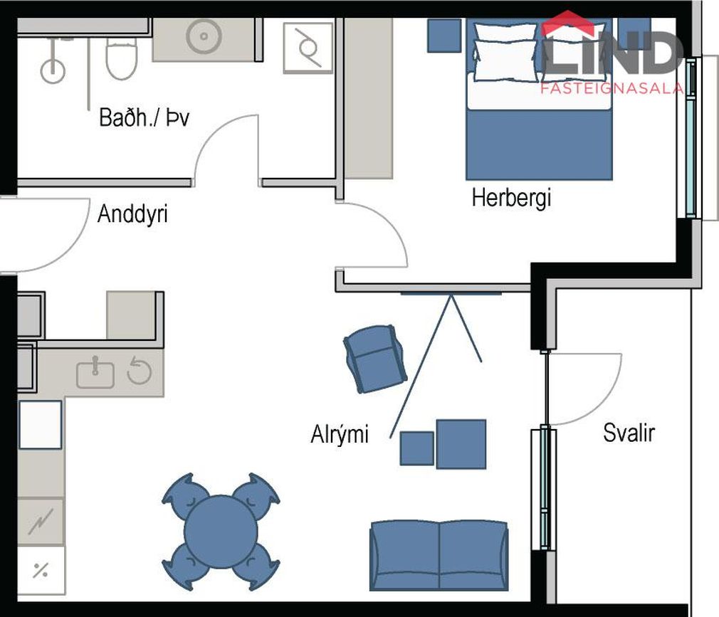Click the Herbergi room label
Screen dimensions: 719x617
coord(511,199)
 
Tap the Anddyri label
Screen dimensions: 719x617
coord(132,214)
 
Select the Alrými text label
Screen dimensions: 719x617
coord(340,433)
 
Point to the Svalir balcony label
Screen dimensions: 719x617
coord(629,433)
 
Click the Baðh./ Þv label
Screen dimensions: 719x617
coord(144,118)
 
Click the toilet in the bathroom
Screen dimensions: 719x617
coord(122,58)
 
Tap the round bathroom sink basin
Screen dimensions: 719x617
coord(204,36)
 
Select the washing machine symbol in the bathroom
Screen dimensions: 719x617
coord(308,48)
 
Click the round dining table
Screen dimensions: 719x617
coord(221,532)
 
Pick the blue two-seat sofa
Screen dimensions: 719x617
coord(439,556)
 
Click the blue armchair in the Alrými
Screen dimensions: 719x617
coord(375,359)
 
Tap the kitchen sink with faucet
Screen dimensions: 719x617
coord(95,373)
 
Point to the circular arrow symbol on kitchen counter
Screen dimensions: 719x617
coord(139,370)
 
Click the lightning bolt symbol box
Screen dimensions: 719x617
coord(41,521)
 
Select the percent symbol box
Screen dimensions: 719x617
coord(41,570)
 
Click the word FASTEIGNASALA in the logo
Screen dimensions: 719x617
coord(612,88)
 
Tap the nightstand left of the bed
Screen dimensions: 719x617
coord(444,36)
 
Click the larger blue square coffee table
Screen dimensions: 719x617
coord(461,444)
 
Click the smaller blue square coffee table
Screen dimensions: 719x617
coord(417,448)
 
